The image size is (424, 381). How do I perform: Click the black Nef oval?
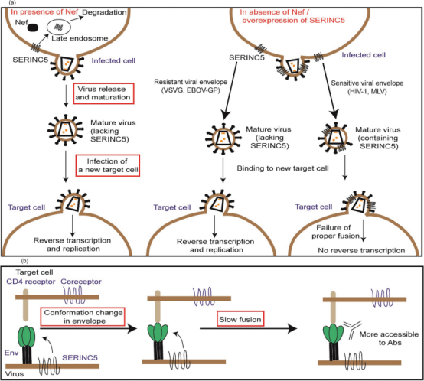[33, 28]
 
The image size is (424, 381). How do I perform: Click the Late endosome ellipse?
[59, 28]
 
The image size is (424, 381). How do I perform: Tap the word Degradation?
[104, 12]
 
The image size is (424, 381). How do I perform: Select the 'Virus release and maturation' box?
[104, 93]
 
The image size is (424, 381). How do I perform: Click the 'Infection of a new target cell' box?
[108, 166]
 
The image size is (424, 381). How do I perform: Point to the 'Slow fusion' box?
[240, 319]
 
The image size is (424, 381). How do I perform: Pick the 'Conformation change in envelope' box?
[83, 317]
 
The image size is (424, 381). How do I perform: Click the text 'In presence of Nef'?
[44, 12]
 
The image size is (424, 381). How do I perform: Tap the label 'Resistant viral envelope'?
[191, 82]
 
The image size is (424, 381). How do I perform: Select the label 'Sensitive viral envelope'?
[367, 83]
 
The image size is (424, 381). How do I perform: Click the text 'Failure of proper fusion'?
[335, 232]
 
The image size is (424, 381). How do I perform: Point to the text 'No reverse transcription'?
[361, 250]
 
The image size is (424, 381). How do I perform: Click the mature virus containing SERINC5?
[334, 138]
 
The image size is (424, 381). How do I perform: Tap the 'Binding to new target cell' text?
[283, 168]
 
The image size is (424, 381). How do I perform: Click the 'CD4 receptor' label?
[31, 282]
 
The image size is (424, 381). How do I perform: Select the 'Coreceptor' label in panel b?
[81, 282]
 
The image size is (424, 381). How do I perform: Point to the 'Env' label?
[11, 353]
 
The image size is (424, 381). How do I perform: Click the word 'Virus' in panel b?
[15, 374]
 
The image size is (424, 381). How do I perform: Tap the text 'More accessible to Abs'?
[389, 338]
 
